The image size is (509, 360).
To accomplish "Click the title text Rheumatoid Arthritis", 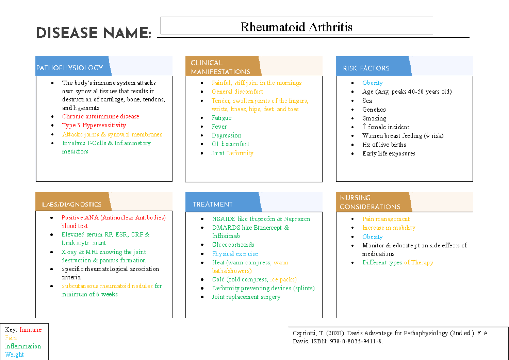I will (x=296, y=28).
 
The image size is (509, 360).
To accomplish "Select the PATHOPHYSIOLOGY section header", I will (x=70, y=68).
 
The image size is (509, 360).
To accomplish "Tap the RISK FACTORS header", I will (x=366, y=68).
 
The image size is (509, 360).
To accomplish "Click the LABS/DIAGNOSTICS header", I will (x=72, y=204).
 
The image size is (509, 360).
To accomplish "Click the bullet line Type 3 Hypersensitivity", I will (x=94, y=125).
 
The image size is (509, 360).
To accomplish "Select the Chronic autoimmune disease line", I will (x=101, y=117).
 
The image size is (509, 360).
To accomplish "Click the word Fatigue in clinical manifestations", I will (x=221, y=118).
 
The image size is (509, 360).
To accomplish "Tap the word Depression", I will (x=227, y=135).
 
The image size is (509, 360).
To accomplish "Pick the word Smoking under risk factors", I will (x=374, y=118).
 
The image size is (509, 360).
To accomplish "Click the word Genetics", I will (x=374, y=110).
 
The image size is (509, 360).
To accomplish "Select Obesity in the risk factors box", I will (x=372, y=83).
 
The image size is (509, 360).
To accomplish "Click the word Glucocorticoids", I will (x=233, y=245).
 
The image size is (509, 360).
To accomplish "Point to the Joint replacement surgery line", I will (x=246, y=297).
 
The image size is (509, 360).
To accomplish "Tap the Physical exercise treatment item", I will (x=235, y=254).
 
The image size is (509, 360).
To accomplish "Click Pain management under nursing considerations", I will (x=386, y=219).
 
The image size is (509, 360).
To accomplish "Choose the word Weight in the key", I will (x=14, y=354).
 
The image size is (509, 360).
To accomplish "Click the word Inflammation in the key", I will (x=23, y=346).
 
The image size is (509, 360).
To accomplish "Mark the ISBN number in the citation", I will (x=355, y=341).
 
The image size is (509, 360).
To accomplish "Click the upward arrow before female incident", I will (x=364, y=127).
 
